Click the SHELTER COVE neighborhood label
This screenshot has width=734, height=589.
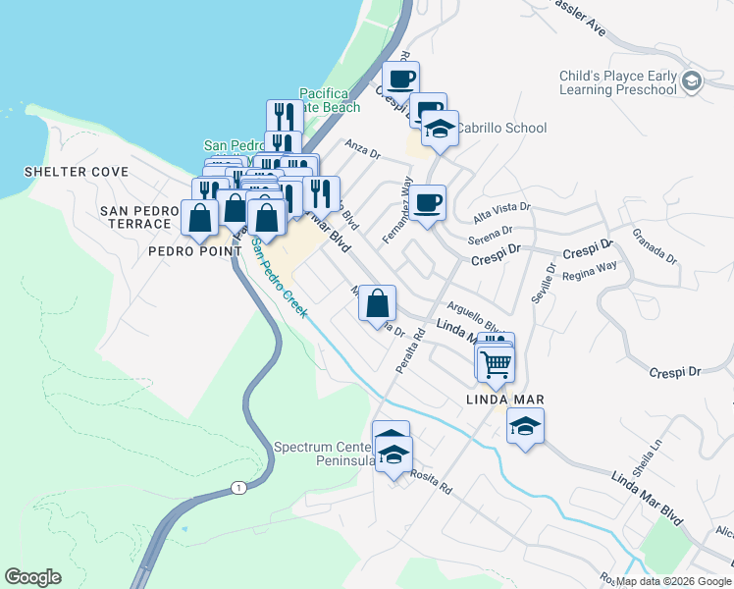click(77, 172)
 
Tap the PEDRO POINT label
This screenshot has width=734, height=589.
click(194, 251)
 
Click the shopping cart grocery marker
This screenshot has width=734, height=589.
click(497, 364)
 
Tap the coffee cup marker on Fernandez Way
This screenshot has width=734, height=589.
click(428, 204)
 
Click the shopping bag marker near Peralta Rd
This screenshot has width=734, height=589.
click(378, 304)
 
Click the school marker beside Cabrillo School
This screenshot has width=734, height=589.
click(441, 130)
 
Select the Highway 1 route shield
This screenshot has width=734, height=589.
click(236, 487)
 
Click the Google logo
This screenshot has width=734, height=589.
click(32, 577)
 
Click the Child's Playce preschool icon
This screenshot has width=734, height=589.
click(692, 80)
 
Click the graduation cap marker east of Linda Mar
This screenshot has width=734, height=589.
click(525, 426)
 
